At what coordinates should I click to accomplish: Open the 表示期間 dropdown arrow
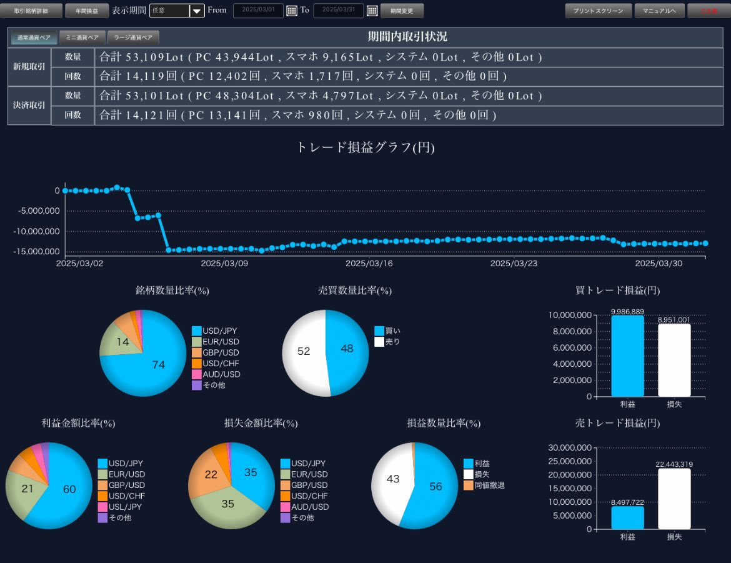tap(197, 11)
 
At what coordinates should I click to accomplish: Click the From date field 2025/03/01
tap(258, 11)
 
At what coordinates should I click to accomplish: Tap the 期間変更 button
tap(402, 11)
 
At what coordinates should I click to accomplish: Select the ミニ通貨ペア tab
tap(82, 37)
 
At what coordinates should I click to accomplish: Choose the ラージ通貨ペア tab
tap(133, 37)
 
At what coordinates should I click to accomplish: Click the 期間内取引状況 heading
tap(407, 37)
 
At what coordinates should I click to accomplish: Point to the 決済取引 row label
tap(29, 105)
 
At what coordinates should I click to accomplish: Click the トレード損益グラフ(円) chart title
tap(365, 147)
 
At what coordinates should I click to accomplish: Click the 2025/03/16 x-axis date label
tap(369, 264)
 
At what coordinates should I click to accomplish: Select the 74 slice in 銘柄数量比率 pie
tap(156, 362)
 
